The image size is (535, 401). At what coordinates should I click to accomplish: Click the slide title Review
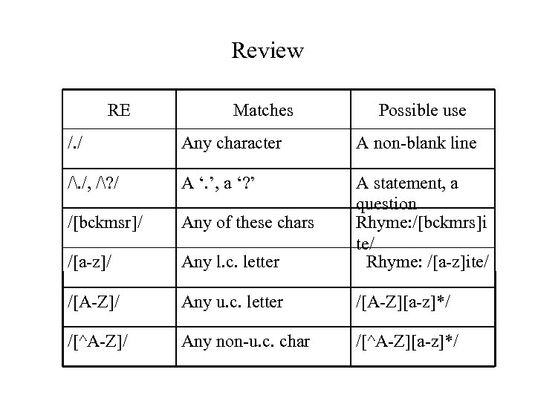pos(267,50)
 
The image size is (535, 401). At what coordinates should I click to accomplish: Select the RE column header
pos(119,111)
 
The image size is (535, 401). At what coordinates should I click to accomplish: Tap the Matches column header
pos(263,111)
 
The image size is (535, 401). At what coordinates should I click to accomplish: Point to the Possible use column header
pos(422,111)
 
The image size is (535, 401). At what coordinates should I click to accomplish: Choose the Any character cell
pos(232,143)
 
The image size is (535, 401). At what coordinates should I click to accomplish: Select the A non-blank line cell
pos(415,143)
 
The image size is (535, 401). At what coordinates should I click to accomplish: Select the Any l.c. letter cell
pos(230,261)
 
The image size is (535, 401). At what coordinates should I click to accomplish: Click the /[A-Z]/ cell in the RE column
pos(93,301)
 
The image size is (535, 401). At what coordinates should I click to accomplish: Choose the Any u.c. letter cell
pos(232,301)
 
